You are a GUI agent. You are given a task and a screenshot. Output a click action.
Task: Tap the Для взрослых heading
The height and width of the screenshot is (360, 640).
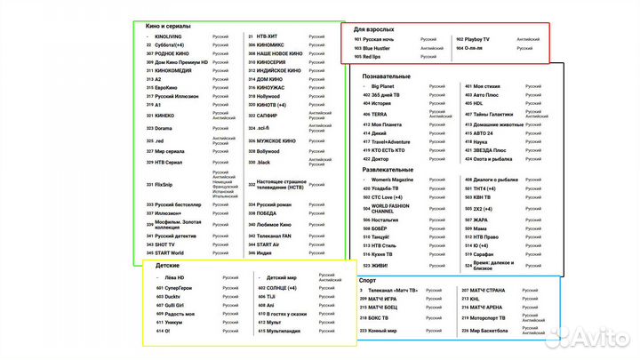pyautogui.click(x=373, y=29)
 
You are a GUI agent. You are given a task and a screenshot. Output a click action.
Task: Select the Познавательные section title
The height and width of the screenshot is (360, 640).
pyautogui.click(x=392, y=76)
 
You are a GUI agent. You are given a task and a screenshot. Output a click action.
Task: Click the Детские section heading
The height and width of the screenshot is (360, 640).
pyautogui.click(x=169, y=267)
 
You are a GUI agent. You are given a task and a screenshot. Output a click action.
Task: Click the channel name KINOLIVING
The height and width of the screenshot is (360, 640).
pyautogui.click(x=168, y=36)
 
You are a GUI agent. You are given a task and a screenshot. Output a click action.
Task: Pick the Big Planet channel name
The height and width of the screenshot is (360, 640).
pyautogui.click(x=386, y=87)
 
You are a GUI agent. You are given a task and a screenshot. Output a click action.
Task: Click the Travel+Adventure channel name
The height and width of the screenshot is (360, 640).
pyautogui.click(x=391, y=141)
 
